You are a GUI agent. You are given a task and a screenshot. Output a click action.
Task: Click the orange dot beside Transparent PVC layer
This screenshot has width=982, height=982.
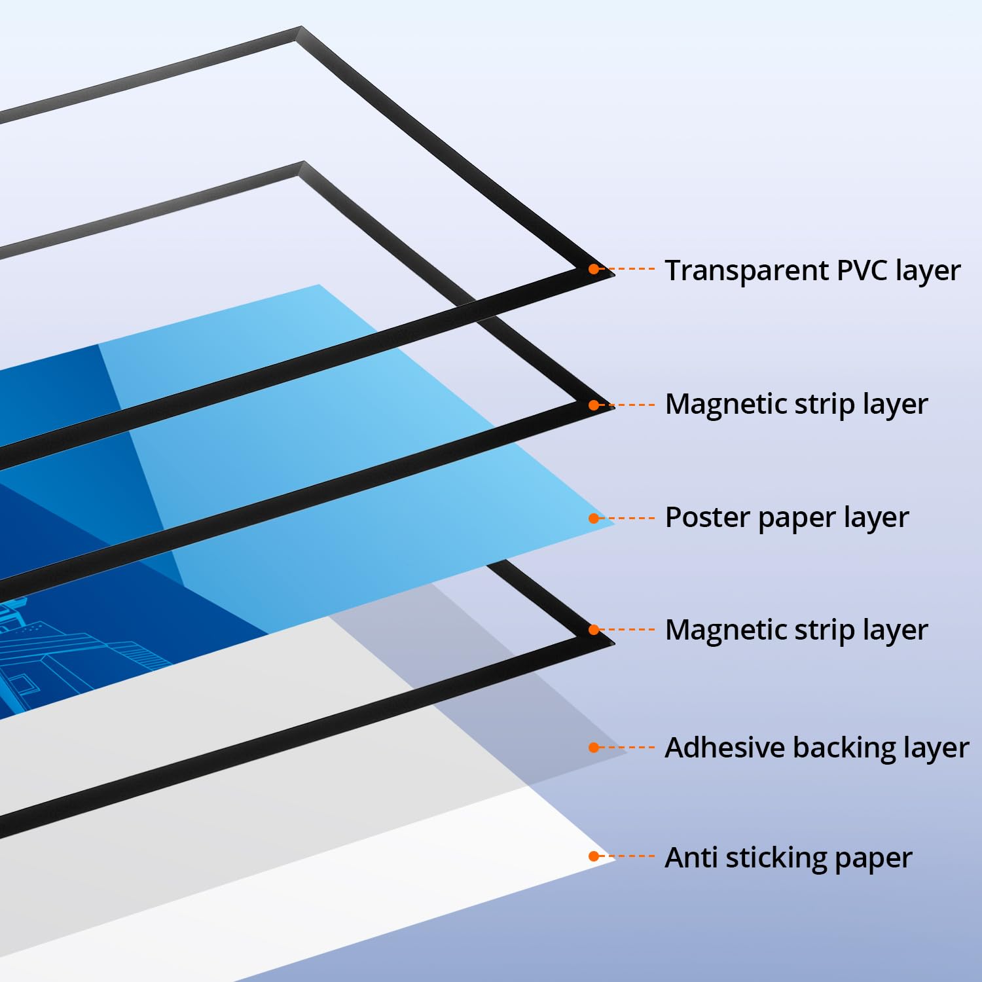click(x=594, y=269)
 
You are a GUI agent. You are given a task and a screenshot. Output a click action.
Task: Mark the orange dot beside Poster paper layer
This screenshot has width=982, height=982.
click(x=594, y=518)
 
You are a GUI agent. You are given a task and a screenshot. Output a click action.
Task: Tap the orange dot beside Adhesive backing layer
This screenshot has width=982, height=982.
click(x=594, y=748)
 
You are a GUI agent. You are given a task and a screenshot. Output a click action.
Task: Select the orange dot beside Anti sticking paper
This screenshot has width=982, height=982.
click(x=594, y=856)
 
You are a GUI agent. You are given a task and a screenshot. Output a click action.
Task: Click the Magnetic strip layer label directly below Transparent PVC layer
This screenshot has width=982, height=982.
click(x=796, y=405)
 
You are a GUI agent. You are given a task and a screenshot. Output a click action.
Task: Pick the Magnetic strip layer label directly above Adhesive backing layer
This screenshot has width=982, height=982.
click(x=796, y=630)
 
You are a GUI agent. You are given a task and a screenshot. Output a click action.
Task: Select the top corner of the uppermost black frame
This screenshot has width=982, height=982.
click(x=301, y=27)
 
